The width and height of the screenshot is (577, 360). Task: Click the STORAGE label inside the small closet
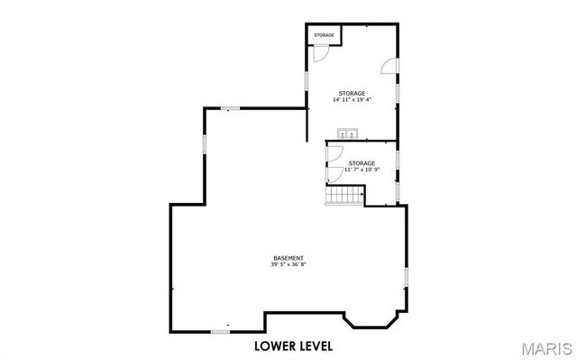(x=324, y=35)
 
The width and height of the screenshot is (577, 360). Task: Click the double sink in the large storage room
(x=347, y=134)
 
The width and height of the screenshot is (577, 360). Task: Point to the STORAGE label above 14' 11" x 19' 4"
(x=352, y=94)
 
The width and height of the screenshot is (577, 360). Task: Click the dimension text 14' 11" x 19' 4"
(x=352, y=101)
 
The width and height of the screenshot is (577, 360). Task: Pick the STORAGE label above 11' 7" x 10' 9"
(x=362, y=163)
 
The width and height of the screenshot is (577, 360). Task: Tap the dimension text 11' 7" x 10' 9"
(x=362, y=170)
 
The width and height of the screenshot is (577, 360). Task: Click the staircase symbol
(x=343, y=195)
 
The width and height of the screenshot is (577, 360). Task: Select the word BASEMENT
(x=288, y=258)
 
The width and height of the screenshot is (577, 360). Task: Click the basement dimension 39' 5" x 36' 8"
(x=288, y=264)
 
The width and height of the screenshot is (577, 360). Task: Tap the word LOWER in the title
(x=271, y=346)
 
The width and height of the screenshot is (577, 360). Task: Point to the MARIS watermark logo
(x=545, y=347)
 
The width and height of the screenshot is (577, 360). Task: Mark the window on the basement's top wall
(x=232, y=109)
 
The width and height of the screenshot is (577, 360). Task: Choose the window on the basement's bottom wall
(x=219, y=331)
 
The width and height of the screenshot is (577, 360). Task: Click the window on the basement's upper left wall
(x=205, y=144)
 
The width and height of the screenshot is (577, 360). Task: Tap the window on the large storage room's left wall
(x=306, y=78)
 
